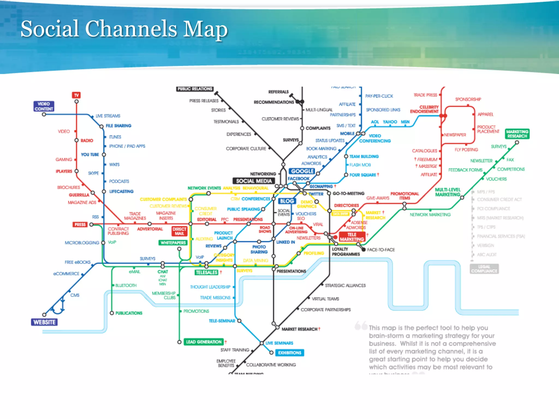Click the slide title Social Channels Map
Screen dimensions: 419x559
(124, 29)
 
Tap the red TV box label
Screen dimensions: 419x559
(76, 95)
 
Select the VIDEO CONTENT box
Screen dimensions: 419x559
(44, 106)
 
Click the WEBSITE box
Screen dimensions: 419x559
(44, 322)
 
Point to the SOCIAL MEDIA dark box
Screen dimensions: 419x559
(254, 181)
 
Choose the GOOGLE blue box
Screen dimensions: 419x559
(302, 171)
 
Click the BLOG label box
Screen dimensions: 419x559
(287, 201)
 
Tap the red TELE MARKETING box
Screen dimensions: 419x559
(352, 237)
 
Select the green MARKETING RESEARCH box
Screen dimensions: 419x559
(517, 134)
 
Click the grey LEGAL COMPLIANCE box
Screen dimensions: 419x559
(484, 269)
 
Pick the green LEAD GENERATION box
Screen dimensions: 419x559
(204, 342)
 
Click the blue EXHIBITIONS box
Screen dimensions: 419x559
(290, 353)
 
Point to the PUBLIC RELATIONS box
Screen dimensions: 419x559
(195, 89)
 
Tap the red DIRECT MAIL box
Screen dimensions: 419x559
(179, 231)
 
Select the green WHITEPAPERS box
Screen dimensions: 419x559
(173, 243)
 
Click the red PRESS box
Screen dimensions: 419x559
(80, 225)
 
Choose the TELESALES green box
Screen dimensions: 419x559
(207, 272)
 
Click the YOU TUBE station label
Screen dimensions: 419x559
(90, 155)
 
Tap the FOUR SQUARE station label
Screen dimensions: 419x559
(362, 175)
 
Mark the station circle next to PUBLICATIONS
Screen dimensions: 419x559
(112, 313)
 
